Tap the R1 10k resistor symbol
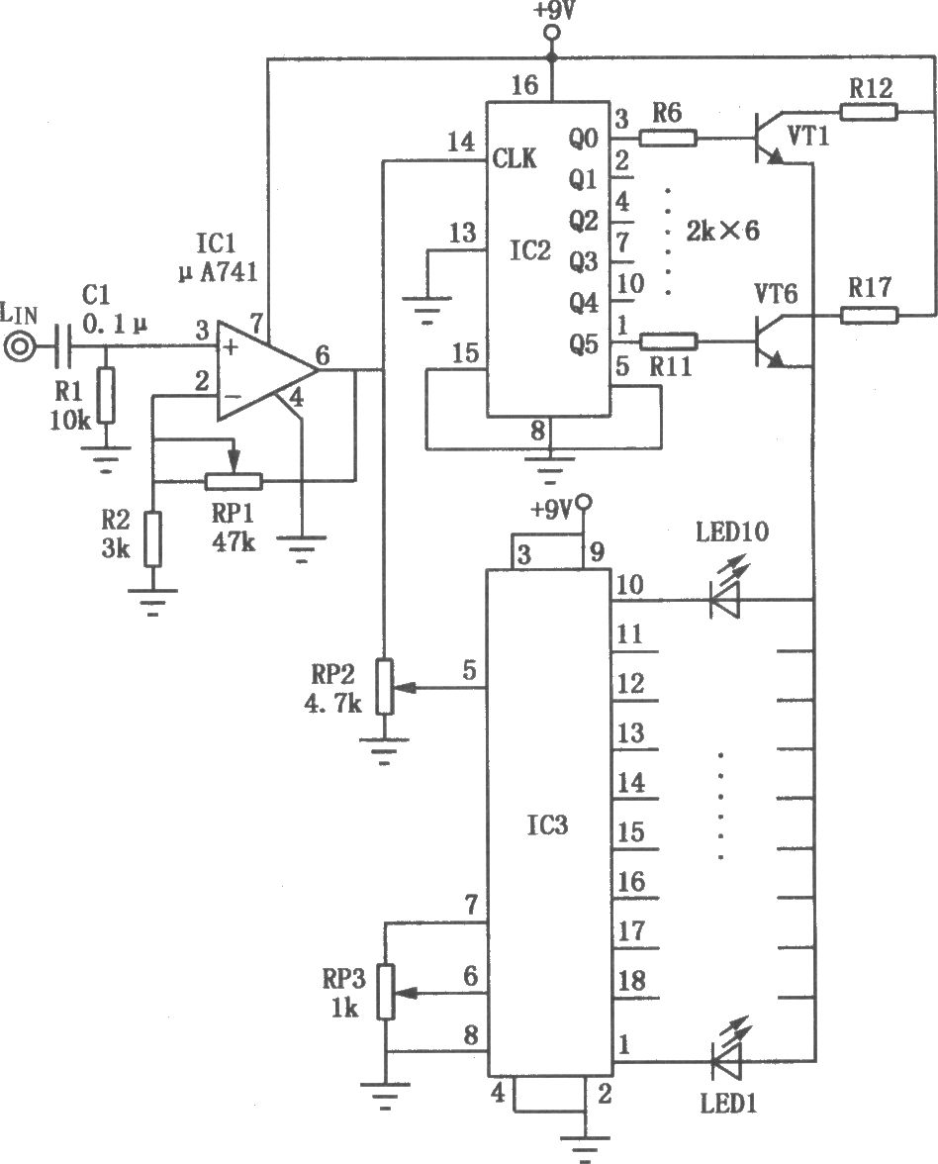coord(107,395)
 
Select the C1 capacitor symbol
coord(66,346)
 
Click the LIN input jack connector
coord(19,346)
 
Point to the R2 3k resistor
coord(152,538)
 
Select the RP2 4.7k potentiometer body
coord(384,686)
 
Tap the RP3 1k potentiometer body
coord(386,992)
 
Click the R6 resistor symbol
coord(668,138)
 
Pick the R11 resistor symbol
coord(668,341)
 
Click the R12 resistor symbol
coord(869,112)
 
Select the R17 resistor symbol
coord(869,315)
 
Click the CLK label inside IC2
coord(515,158)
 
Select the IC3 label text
coord(548,824)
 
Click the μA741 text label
coord(218,271)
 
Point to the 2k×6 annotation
coord(722,231)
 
